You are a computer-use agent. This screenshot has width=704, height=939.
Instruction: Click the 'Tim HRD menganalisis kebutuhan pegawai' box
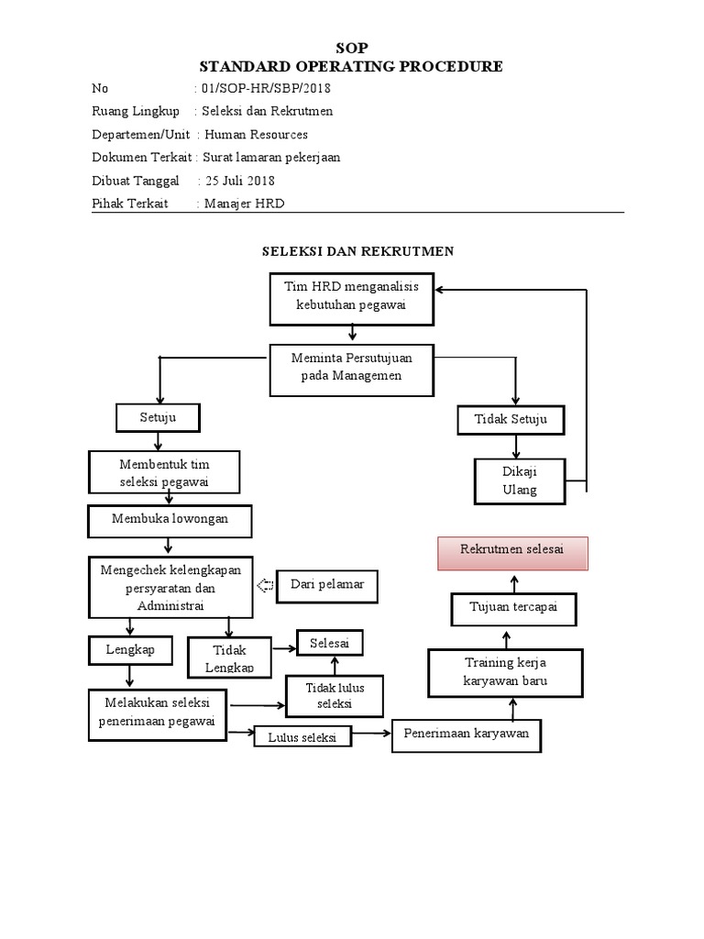(351, 298)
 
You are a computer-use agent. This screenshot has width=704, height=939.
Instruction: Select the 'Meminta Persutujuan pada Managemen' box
(351, 370)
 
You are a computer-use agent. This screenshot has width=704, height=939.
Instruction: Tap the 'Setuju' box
(158, 418)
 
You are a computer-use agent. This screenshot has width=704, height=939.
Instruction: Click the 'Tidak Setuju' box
(511, 420)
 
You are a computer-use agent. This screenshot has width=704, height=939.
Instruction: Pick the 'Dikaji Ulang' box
(520, 481)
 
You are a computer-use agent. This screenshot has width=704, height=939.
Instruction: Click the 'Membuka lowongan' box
(170, 520)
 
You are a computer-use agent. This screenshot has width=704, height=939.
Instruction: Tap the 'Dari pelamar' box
(327, 585)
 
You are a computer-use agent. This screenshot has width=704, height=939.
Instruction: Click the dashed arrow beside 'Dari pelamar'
(266, 586)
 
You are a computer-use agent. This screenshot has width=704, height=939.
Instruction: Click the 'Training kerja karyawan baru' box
(507, 672)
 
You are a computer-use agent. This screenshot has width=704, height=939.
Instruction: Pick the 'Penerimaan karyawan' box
(466, 735)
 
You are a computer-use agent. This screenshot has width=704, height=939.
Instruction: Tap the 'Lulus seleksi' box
(302, 737)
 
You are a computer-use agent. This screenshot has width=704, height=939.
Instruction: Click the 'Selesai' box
(329, 643)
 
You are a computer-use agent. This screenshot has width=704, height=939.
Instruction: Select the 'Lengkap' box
(129, 649)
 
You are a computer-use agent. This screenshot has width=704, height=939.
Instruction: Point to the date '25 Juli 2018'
(240, 181)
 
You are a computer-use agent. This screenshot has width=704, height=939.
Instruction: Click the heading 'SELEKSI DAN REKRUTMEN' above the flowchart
(357, 251)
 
